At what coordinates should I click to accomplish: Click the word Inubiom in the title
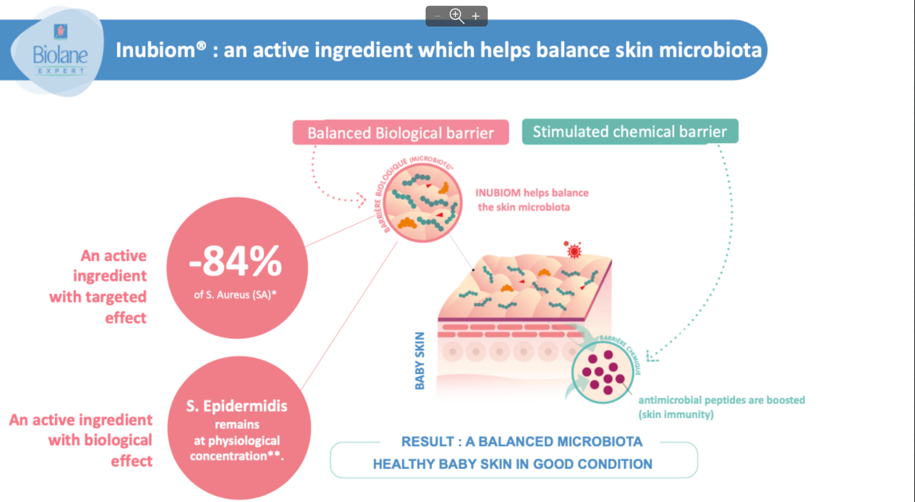click(x=155, y=50)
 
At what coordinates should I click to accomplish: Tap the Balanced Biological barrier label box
click(x=400, y=133)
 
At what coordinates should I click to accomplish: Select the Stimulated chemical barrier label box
click(x=630, y=131)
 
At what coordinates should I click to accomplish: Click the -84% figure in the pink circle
click(x=236, y=261)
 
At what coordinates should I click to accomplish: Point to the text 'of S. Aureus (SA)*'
click(x=235, y=295)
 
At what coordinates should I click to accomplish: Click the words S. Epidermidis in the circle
click(x=237, y=406)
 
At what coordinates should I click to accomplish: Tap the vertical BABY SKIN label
click(x=420, y=361)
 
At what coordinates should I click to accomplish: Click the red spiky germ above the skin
click(x=574, y=250)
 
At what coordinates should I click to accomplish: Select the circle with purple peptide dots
click(x=602, y=372)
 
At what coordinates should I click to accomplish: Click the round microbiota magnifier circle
click(x=422, y=203)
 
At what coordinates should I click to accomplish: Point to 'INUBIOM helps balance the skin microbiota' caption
click(x=532, y=200)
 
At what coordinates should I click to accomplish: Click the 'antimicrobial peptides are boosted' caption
click(x=721, y=400)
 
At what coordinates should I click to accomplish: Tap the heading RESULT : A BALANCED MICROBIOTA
click(x=522, y=442)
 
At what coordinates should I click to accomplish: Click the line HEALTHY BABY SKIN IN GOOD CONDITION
click(x=513, y=464)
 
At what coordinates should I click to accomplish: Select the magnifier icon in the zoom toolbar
click(x=456, y=16)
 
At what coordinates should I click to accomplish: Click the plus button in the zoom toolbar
click(x=476, y=16)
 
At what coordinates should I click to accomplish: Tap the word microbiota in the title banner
click(x=710, y=50)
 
